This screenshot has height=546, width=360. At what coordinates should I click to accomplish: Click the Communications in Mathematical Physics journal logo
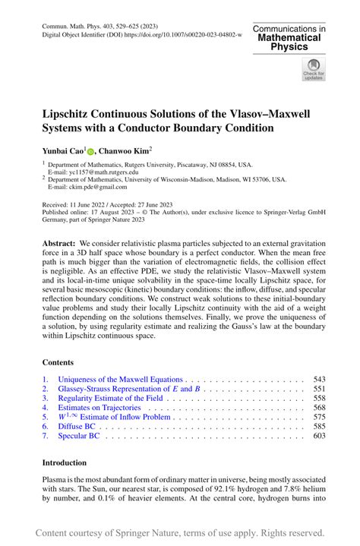(290, 37)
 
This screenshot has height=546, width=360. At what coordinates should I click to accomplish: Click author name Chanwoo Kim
(125, 152)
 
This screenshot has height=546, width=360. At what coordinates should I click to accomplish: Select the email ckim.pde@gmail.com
(88, 187)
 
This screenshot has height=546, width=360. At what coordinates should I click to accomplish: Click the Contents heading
(58, 363)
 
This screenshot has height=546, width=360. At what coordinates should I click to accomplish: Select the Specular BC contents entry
(80, 436)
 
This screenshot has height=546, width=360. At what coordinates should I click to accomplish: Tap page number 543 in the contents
(319, 379)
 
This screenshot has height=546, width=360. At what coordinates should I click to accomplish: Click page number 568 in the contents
(319, 408)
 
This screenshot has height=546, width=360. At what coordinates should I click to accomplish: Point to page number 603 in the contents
(319, 436)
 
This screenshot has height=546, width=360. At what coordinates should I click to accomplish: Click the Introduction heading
(64, 462)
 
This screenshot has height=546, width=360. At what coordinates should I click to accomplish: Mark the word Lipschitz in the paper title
(74, 112)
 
